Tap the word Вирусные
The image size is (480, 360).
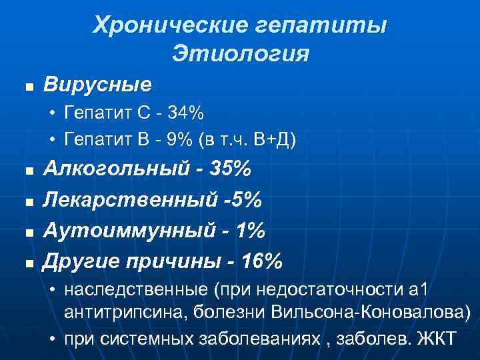[97, 85]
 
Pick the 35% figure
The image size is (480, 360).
[230, 170]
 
